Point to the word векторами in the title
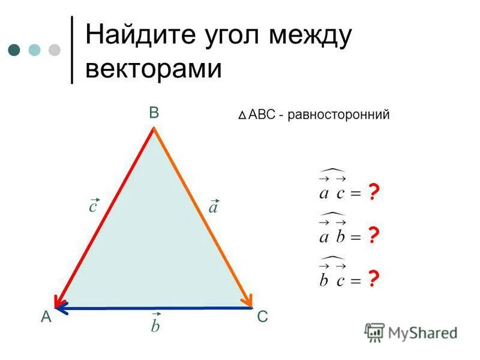(x=154, y=70)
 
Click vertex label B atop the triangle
(x=154, y=113)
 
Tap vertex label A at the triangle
(x=46, y=318)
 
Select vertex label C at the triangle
(x=262, y=317)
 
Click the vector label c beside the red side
(x=93, y=205)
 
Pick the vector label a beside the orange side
(x=213, y=206)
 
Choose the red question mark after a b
(x=373, y=236)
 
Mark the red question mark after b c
(x=373, y=279)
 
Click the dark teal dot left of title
(x=15, y=49)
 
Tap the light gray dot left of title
(x=55, y=49)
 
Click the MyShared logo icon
(x=374, y=332)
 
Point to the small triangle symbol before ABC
(x=241, y=115)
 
